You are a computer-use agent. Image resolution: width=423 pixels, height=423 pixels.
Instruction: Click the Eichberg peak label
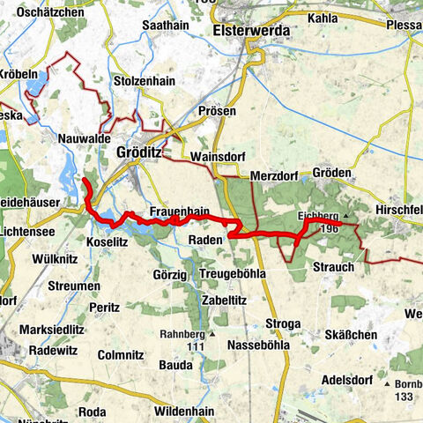click(x=318, y=215)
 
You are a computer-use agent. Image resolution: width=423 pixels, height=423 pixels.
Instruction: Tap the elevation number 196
click(x=330, y=228)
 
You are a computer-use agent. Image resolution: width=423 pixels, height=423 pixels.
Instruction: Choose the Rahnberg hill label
click(x=182, y=334)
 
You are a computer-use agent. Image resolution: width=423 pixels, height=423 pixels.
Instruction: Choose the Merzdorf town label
click(x=273, y=175)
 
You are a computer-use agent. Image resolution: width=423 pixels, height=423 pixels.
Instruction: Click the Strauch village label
click(x=334, y=267)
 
